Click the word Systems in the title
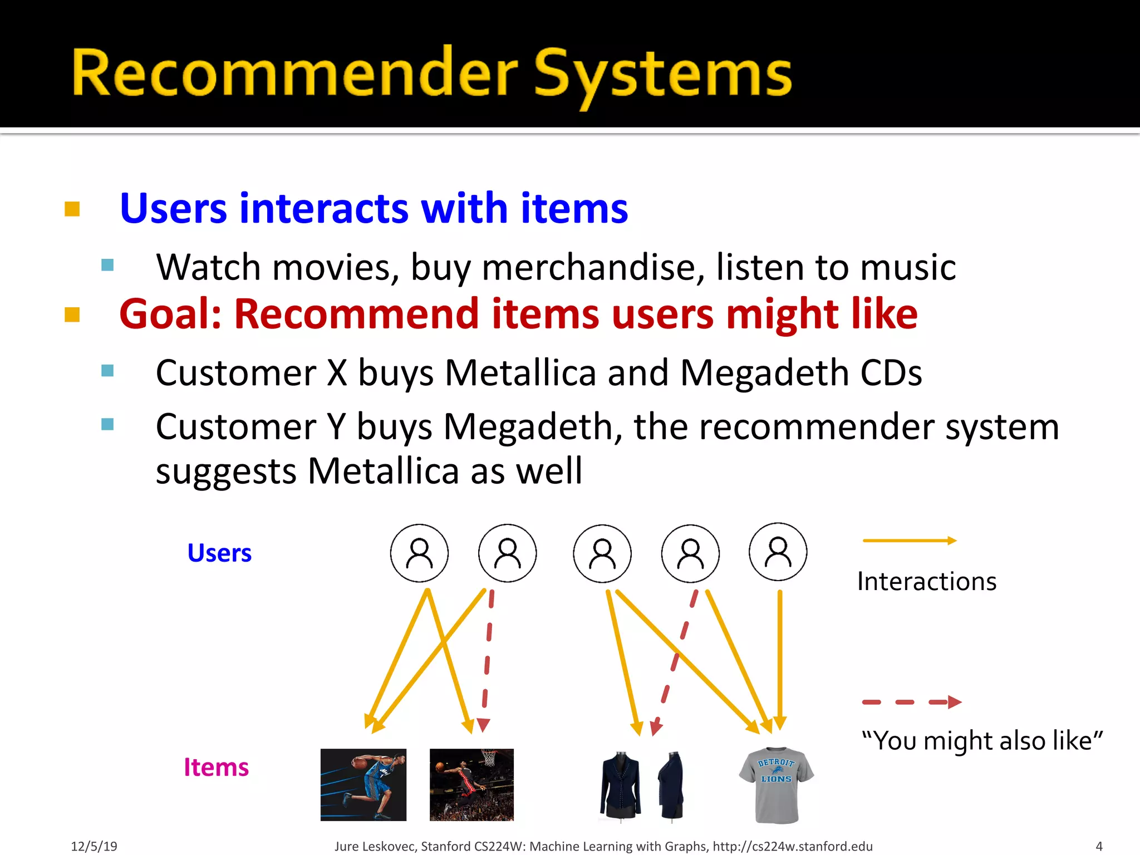(662, 74)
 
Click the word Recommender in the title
(295, 74)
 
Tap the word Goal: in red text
(170, 315)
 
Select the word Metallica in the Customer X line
(520, 372)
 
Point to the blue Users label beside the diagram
(219, 553)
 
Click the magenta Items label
(216, 767)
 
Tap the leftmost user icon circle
(419, 553)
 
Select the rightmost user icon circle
(778, 552)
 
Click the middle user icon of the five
(602, 553)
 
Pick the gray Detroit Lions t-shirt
(777, 785)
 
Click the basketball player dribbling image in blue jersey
(363, 784)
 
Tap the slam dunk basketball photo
(471, 784)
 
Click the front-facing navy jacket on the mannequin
(620, 785)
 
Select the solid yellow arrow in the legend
(909, 540)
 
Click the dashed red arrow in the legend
(911, 702)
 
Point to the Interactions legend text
(926, 581)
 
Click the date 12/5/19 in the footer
(94, 846)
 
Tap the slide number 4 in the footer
(1099, 846)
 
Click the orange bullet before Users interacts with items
(72, 209)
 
